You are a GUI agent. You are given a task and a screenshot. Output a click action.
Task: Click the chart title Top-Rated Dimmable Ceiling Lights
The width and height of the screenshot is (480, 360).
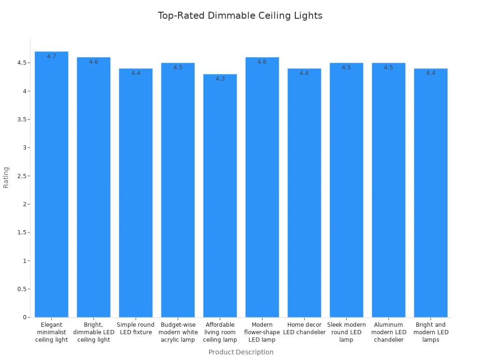240,15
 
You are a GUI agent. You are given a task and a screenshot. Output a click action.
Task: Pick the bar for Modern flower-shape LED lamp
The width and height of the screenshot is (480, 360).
262,187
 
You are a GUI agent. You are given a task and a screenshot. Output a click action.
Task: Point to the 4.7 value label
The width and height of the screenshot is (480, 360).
52,56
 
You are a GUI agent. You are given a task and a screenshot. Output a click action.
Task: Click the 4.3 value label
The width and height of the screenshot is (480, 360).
220,79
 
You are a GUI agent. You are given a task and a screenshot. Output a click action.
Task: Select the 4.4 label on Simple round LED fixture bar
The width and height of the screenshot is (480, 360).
136,73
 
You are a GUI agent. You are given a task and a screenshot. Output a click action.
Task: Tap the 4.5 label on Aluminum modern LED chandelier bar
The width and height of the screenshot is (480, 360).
389,67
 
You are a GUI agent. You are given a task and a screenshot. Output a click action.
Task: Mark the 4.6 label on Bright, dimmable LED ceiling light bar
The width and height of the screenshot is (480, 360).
94,62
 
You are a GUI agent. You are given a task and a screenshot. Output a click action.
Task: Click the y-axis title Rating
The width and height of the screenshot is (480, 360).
6,177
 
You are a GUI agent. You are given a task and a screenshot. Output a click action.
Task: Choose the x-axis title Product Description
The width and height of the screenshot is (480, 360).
241,352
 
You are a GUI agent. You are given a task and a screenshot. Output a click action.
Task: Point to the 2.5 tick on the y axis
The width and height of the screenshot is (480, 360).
21,176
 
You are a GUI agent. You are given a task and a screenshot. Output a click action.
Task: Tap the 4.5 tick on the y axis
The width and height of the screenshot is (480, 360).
21,63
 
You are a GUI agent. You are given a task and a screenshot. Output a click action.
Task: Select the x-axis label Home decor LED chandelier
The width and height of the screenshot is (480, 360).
304,329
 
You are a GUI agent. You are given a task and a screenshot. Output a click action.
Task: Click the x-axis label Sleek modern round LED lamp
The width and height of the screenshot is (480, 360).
346,332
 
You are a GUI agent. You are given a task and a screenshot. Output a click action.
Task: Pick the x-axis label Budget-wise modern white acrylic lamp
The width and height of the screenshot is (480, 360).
178,332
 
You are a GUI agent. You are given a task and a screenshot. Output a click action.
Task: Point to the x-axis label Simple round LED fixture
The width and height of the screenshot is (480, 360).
136,329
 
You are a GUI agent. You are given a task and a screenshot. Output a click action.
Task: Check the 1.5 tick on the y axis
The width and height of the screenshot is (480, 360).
21,232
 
